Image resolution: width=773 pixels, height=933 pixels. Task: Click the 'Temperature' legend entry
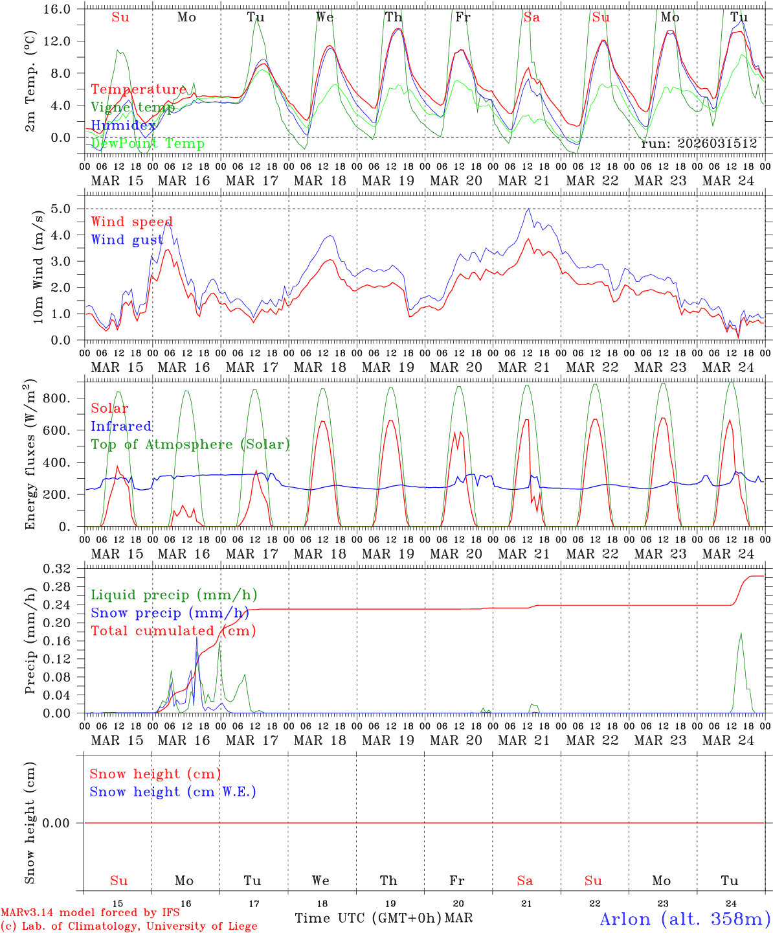pyautogui.click(x=139, y=89)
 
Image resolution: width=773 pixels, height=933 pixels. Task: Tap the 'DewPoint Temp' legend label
pyautogui.click(x=148, y=143)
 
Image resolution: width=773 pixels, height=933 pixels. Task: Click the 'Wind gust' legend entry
pyautogui.click(x=127, y=240)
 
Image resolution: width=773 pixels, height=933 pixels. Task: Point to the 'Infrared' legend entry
pyautogui.click(x=121, y=426)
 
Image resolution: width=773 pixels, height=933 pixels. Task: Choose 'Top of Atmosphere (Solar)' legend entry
pyautogui.click(x=190, y=444)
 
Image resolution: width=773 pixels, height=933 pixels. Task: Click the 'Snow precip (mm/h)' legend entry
pyautogui.click(x=170, y=613)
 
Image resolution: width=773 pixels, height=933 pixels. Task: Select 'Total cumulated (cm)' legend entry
pyautogui.click(x=173, y=630)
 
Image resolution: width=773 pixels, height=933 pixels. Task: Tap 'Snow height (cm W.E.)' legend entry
pyautogui.click(x=173, y=792)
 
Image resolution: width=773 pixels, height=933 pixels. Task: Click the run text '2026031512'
pyautogui.click(x=717, y=143)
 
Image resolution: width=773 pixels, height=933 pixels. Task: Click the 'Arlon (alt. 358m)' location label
pyautogui.click(x=685, y=919)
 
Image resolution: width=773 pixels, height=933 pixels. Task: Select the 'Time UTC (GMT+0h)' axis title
pyautogui.click(x=368, y=918)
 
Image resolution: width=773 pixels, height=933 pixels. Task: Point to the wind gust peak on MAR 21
pyautogui.click(x=529, y=209)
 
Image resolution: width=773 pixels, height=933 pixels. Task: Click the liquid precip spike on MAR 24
pyautogui.click(x=741, y=633)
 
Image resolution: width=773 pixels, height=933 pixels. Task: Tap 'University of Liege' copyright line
pyautogui.click(x=129, y=926)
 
